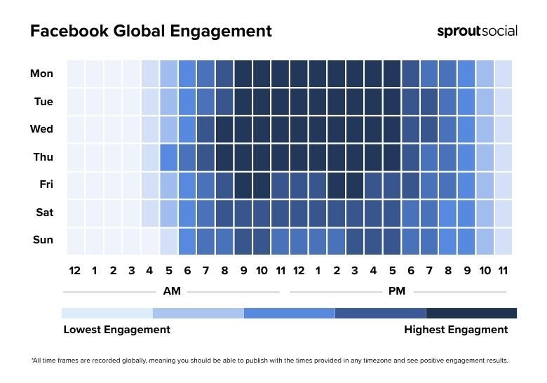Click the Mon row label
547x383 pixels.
coord(41,74)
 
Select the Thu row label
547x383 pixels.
coord(43,157)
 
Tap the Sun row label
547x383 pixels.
coord(43,240)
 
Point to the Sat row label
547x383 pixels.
coord(44,212)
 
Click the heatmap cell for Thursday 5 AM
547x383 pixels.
coord(168,157)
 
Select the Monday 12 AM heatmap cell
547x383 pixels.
coord(76,74)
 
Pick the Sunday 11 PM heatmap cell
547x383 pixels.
coord(503,240)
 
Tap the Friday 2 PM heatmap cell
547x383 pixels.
coord(336,184)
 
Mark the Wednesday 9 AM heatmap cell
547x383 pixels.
coord(243,129)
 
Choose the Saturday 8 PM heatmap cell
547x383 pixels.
coord(447,212)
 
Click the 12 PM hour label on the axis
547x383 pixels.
coord(299,271)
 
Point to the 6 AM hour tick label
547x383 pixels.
coord(187,271)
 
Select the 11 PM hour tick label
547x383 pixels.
coord(503,271)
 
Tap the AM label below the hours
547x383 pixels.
coord(172,291)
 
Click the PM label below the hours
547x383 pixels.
coord(396,291)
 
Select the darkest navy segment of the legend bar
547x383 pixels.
coord(471,313)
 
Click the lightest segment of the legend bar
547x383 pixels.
coord(107,313)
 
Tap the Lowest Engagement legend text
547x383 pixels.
coord(116,330)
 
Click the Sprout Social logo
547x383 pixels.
coord(477,31)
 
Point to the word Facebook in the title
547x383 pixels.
coord(69,31)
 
